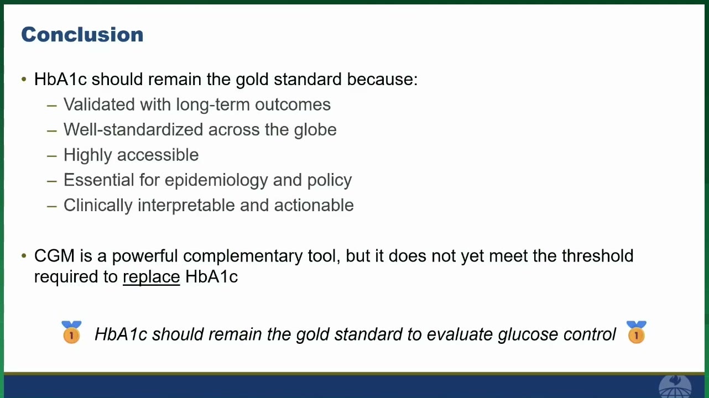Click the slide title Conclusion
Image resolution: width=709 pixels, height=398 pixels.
point(82,34)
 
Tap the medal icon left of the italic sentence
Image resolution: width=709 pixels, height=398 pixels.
point(71,332)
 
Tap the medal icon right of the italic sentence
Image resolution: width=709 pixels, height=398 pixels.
point(636,332)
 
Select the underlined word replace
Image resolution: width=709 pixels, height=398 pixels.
point(152,277)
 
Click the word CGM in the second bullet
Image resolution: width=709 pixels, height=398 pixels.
point(54,255)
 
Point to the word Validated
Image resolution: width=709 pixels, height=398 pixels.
point(99,104)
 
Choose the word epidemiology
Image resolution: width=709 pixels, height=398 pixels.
point(216,181)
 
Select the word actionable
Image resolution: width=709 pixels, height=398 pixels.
point(314,205)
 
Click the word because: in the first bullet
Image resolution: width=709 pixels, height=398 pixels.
point(382,79)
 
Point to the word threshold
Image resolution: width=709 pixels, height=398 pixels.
point(598,255)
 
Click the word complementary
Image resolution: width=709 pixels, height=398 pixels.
point(243,256)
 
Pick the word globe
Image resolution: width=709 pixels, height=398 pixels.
point(315,130)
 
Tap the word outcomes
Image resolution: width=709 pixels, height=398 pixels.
point(293,104)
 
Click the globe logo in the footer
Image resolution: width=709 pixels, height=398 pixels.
point(675,386)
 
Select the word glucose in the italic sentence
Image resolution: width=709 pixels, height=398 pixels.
point(528,335)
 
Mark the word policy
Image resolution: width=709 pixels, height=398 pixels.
point(330,181)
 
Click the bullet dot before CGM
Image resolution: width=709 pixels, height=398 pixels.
point(24,255)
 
